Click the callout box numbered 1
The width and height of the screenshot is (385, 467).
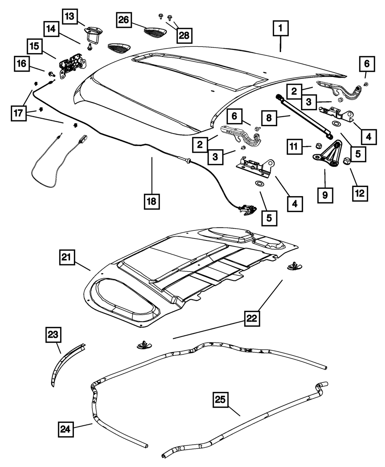pyautogui.click(x=280, y=28)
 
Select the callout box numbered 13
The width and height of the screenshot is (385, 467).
pyautogui.click(x=70, y=16)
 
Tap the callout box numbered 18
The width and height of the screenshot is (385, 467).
pyautogui.click(x=152, y=202)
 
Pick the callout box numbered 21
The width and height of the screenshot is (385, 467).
pyautogui.click(x=67, y=257)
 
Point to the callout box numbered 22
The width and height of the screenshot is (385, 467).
pyautogui.click(x=252, y=318)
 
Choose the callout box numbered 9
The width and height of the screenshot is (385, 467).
pyautogui.click(x=325, y=195)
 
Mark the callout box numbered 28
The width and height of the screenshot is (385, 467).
pyautogui.click(x=184, y=35)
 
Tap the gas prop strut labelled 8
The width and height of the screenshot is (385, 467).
pyautogui.click(x=304, y=117)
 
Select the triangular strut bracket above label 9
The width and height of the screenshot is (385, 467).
pyautogui.click(x=327, y=154)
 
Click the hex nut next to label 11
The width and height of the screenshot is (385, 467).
pyautogui.click(x=318, y=146)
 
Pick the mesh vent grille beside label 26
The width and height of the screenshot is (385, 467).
pyautogui.click(x=155, y=32)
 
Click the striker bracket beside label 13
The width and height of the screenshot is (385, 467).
pyautogui.click(x=92, y=34)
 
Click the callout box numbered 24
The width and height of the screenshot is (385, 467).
pyautogui.click(x=66, y=429)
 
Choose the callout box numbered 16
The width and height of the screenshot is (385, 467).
pyautogui.click(x=22, y=64)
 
